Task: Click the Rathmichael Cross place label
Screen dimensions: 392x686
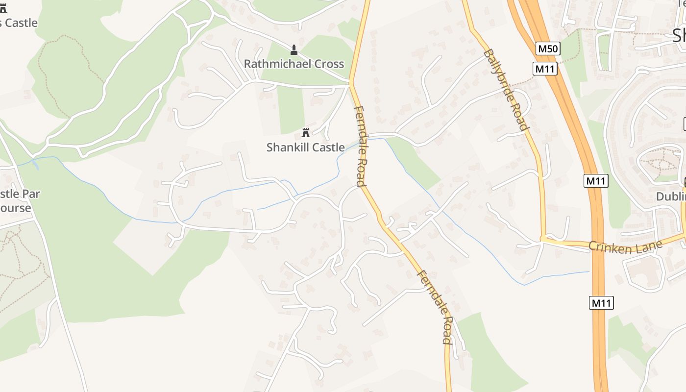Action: [x=294, y=64]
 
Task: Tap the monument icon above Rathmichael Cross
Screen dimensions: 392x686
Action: [x=294, y=49]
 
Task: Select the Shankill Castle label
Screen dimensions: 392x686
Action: [x=305, y=147]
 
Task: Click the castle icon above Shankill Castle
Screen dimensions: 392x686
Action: [x=306, y=132]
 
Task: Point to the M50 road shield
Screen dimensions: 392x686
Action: [x=548, y=49]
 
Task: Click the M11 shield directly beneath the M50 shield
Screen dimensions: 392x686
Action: [x=545, y=69]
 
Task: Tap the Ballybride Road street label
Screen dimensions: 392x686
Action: [x=506, y=89]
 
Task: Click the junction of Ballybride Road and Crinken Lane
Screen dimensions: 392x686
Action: [x=543, y=239]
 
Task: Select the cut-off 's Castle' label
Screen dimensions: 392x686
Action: [x=19, y=23]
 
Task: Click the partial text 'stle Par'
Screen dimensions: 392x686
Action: [x=20, y=194]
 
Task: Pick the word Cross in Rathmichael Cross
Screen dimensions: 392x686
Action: [x=329, y=64]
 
